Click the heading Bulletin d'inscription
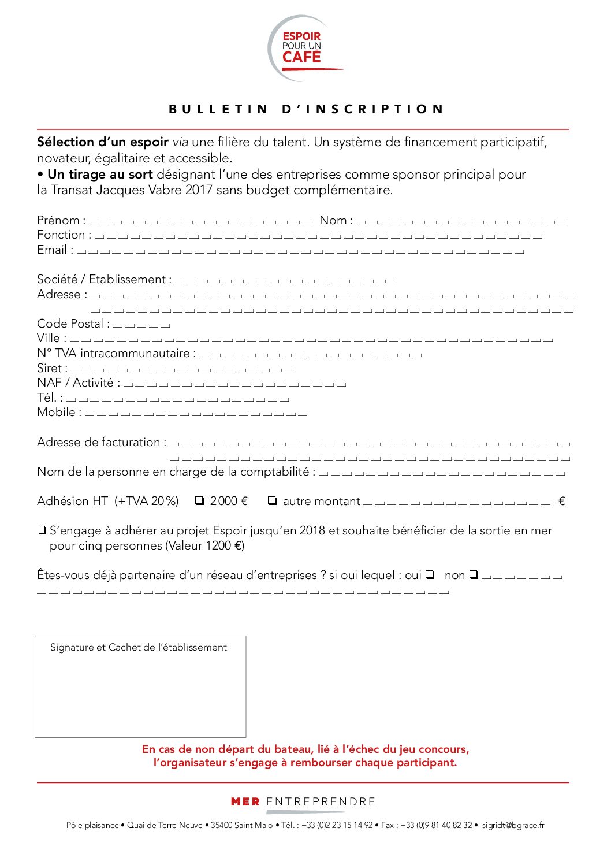(x=306, y=109)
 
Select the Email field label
(x=53, y=250)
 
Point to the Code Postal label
(x=70, y=324)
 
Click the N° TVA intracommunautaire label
(x=114, y=354)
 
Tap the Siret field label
(x=50, y=369)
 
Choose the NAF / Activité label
(x=76, y=383)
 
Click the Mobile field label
(x=57, y=413)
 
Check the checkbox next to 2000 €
(x=200, y=501)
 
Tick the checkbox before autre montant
(x=273, y=501)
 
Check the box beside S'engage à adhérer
(x=42, y=530)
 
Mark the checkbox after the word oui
(x=430, y=575)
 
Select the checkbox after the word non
(x=474, y=575)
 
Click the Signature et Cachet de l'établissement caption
(x=139, y=648)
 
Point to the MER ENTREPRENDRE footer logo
(x=303, y=802)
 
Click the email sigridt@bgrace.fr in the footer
(x=513, y=826)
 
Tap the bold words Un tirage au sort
(x=100, y=175)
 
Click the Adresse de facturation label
(x=99, y=443)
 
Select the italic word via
(x=180, y=142)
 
